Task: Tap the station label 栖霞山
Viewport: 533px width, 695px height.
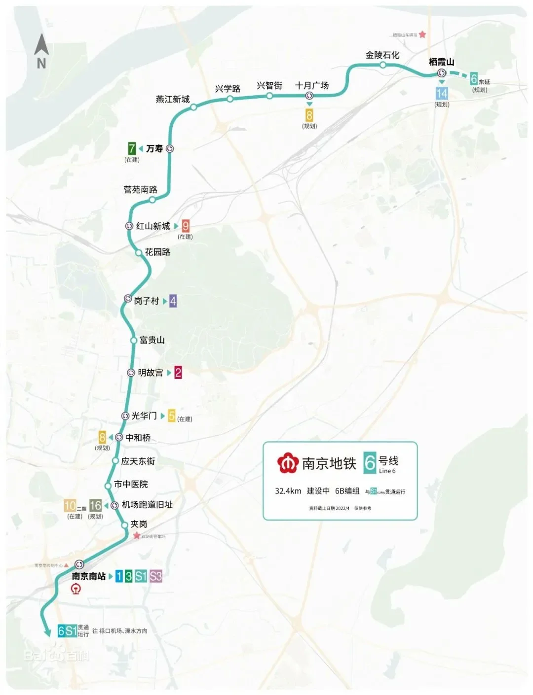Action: pyautogui.click(x=441, y=62)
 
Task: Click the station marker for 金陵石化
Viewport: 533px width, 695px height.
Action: pyautogui.click(x=383, y=65)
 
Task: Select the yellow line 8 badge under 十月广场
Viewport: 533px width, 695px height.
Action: pyautogui.click(x=309, y=115)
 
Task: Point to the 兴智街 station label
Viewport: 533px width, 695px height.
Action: pyautogui.click(x=269, y=85)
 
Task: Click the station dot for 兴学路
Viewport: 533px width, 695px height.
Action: pyautogui.click(x=230, y=99)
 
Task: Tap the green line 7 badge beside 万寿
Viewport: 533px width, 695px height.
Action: pyautogui.click(x=132, y=148)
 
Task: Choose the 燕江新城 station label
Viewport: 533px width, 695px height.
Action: pyautogui.click(x=173, y=100)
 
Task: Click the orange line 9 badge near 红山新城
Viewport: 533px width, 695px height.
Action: pyautogui.click(x=186, y=226)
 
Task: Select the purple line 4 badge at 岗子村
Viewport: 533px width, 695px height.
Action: pyautogui.click(x=173, y=301)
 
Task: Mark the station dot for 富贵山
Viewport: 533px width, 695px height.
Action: pyautogui.click(x=133, y=341)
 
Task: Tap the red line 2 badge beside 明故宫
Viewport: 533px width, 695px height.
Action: pyautogui.click(x=178, y=373)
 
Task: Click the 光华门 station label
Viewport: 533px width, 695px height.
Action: pyautogui.click(x=144, y=416)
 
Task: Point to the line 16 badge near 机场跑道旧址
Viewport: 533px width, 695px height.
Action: pyautogui.click(x=95, y=505)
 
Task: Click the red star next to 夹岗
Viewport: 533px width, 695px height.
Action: pyautogui.click(x=137, y=535)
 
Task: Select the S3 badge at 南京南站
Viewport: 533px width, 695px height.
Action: pyautogui.click(x=156, y=576)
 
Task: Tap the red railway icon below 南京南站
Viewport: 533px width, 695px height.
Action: pyautogui.click(x=76, y=589)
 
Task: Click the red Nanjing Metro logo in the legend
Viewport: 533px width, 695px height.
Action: pyautogui.click(x=287, y=463)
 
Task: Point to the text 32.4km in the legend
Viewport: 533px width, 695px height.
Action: pyautogui.click(x=288, y=491)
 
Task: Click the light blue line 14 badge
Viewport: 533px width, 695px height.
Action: pyautogui.click(x=442, y=93)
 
